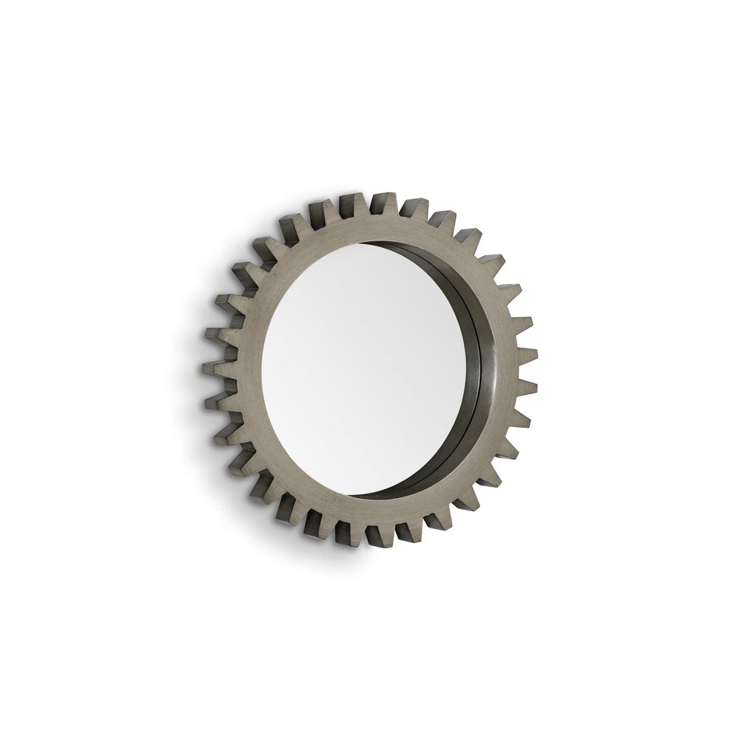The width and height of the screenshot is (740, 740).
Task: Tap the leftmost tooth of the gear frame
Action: coord(208,367)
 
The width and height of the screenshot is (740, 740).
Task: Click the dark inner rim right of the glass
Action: coord(477,370)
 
